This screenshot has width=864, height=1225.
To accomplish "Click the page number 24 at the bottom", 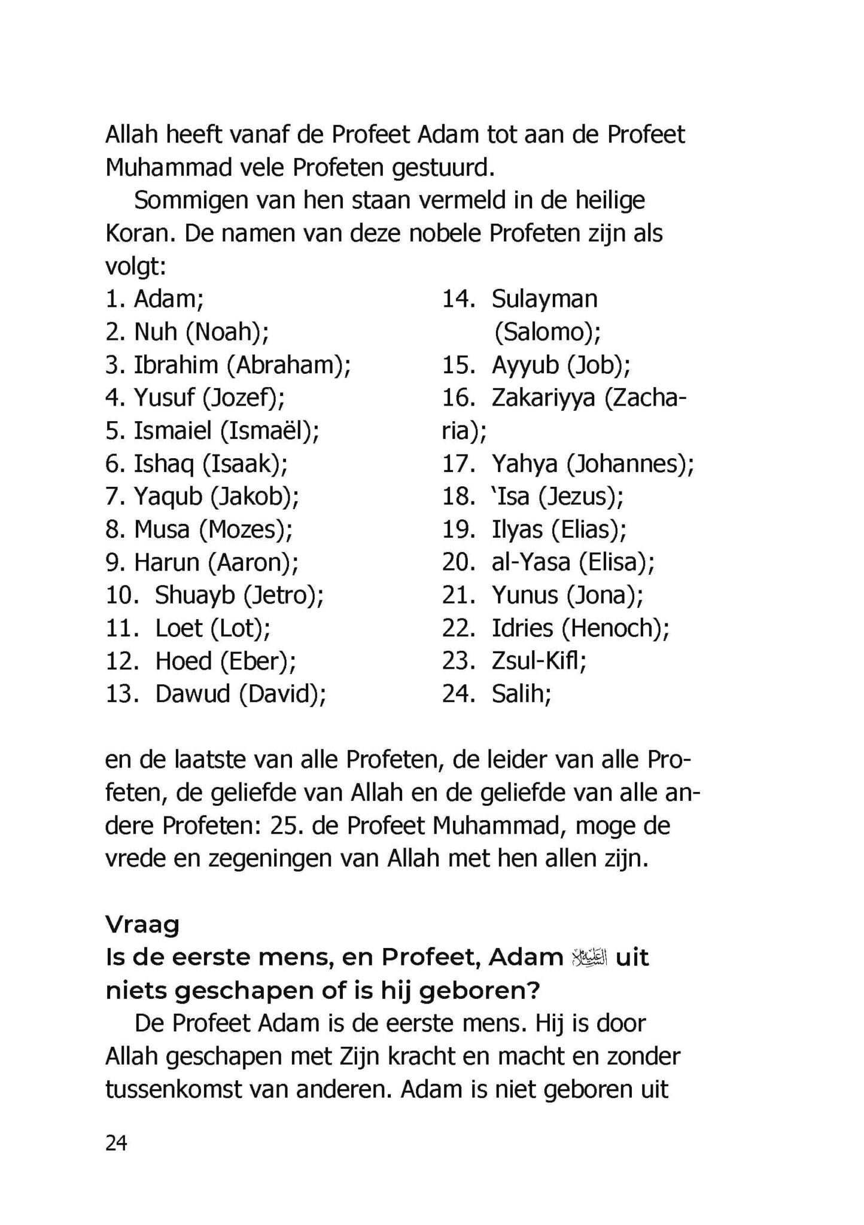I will pos(116,1143).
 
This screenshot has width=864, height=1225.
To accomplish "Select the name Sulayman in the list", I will pos(544,298).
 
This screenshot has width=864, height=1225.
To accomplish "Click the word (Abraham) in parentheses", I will pos(288,365).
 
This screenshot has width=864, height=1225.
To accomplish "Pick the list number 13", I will pos(122,694).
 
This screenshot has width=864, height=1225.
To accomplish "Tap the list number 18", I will pos(458,496).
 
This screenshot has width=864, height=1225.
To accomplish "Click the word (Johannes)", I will pos(630,464).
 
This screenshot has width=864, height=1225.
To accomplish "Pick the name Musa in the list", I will pos(162,529).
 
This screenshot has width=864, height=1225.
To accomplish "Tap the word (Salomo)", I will pos(547,332).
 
